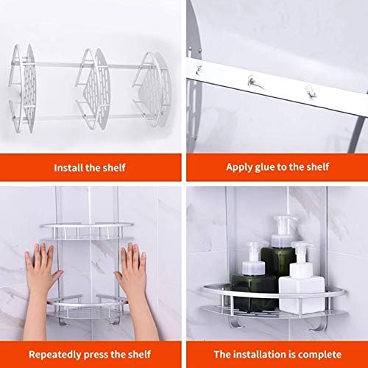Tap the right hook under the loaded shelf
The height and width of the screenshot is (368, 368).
tap(318, 325)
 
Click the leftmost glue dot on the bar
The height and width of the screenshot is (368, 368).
tap(198, 68)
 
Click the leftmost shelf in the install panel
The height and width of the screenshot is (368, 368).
tap(24, 88)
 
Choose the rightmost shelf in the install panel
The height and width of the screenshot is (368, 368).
tap(152, 89)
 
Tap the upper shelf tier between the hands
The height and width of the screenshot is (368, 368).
tap(87, 231)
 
